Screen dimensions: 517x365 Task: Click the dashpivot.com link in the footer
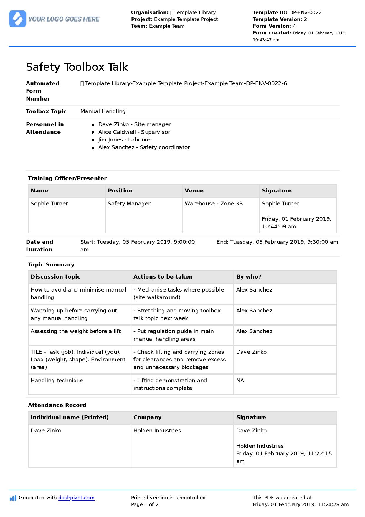76,498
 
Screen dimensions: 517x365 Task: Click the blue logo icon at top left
17,19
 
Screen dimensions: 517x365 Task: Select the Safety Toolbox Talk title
77,67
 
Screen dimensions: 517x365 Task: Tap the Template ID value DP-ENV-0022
305,12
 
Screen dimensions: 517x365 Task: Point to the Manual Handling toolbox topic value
103,111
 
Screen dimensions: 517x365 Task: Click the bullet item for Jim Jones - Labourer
125,140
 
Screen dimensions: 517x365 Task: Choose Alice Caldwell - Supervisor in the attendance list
134,132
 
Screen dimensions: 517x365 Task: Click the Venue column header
194,191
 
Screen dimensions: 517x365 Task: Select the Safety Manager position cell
129,204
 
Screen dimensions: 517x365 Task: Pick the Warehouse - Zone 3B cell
214,204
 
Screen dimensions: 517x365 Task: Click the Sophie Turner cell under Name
49,204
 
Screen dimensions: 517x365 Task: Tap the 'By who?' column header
249,277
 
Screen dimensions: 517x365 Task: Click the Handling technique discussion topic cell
57,381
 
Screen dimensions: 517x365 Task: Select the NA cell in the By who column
240,381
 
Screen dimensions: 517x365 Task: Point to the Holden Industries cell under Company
157,431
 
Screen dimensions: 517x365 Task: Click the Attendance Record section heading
57,405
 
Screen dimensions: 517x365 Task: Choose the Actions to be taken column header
163,277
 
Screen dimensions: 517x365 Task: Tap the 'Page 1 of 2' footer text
145,504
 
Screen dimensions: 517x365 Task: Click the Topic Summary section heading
51,265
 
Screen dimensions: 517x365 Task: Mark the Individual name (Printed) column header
70,417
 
